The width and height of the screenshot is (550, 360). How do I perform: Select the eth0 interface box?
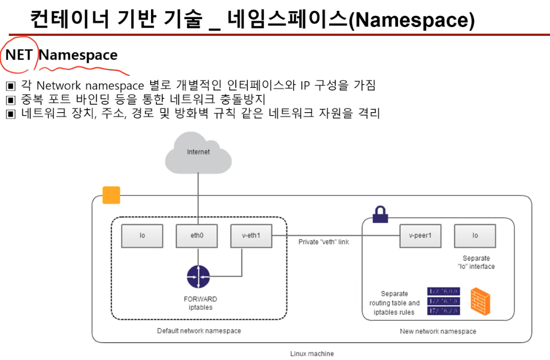pyautogui.click(x=197, y=236)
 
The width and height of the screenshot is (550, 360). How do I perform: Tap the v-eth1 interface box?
pyautogui.click(x=251, y=236)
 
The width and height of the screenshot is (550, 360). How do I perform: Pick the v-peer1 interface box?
pyautogui.click(x=420, y=236)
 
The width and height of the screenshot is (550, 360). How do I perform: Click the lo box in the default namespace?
pyautogui.click(x=142, y=236)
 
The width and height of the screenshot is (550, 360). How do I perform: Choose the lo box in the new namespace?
pyautogui.click(x=475, y=236)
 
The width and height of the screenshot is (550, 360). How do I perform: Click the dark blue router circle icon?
pyautogui.click(x=198, y=276)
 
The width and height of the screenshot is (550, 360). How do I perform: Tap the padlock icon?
pyautogui.click(x=380, y=214)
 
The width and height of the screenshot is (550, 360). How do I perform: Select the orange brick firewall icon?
pyautogui.click(x=480, y=301)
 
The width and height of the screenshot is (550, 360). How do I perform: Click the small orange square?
pyautogui.click(x=111, y=195)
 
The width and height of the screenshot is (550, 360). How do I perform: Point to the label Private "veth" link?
pyautogui.click(x=324, y=242)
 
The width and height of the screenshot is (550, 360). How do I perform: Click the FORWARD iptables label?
pyautogui.click(x=200, y=303)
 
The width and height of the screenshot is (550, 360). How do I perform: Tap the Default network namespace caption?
pyautogui.click(x=199, y=331)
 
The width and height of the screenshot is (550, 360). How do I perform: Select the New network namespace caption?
pyautogui.click(x=438, y=331)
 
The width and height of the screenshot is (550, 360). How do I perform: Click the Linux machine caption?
pyautogui.click(x=311, y=354)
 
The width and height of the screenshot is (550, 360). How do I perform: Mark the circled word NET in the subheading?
pyautogui.click(x=19, y=55)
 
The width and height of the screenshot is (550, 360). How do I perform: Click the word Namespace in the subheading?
pyautogui.click(x=78, y=55)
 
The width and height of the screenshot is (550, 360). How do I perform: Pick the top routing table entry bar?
pyautogui.click(x=443, y=291)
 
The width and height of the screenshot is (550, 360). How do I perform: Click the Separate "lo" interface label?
pyautogui.click(x=476, y=262)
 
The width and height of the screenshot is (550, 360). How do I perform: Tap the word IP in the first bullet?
pyautogui.click(x=305, y=86)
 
